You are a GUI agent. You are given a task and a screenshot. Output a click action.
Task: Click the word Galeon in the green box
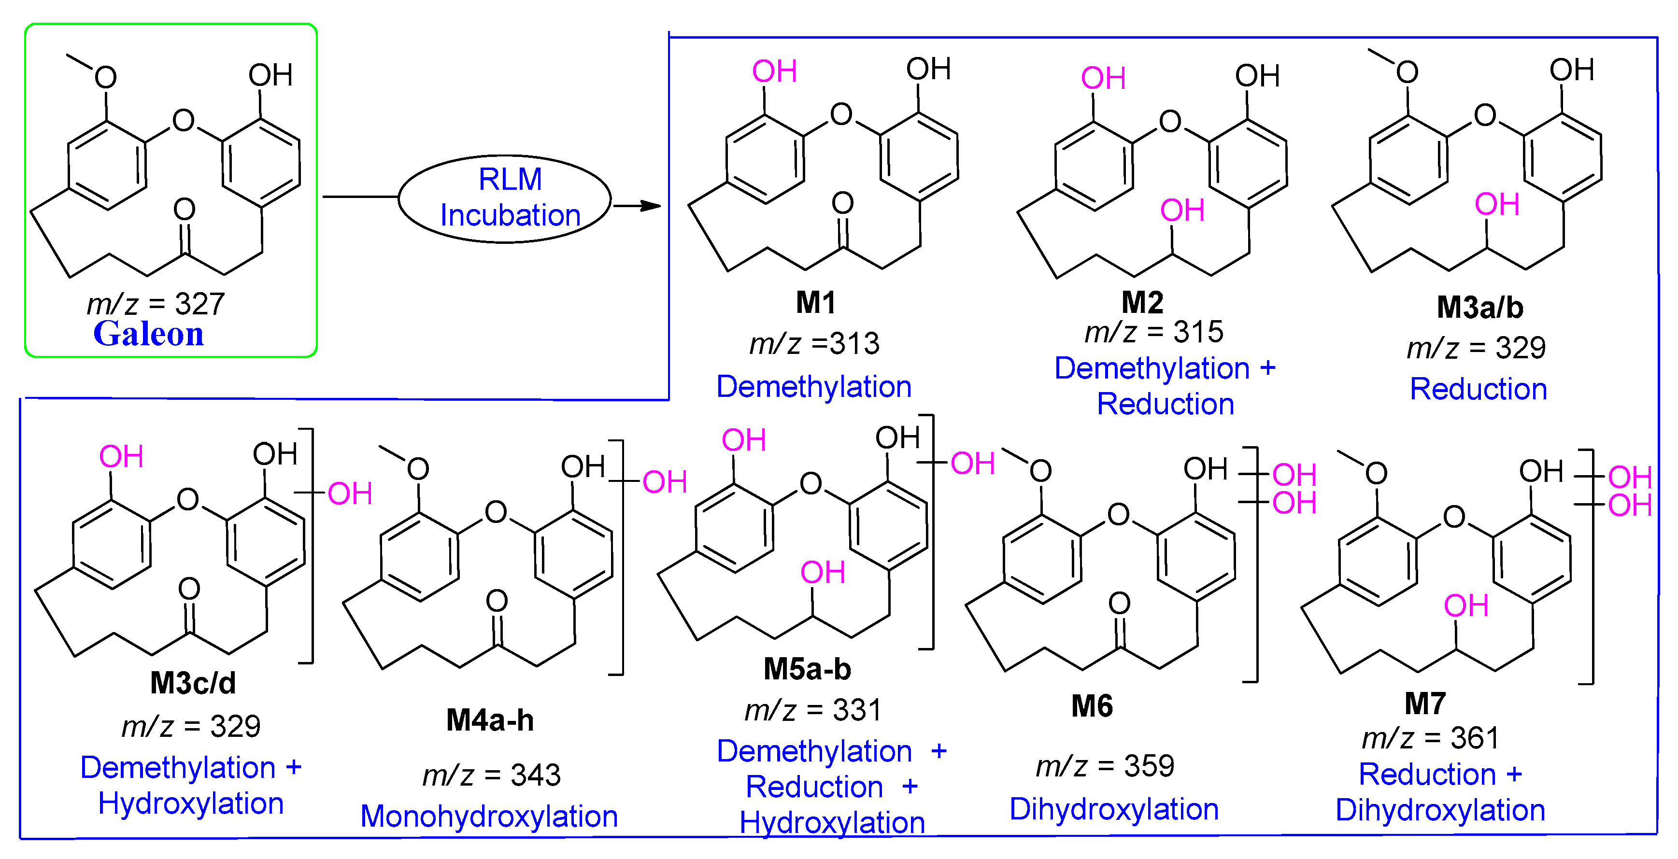[x=148, y=334]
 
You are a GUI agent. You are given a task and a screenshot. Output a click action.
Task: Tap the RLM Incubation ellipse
[x=505, y=198]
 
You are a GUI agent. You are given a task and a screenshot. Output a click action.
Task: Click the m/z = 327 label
[x=156, y=304]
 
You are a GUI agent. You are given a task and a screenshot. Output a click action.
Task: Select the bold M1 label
[x=815, y=302]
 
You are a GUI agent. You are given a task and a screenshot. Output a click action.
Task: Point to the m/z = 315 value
[x=1153, y=332]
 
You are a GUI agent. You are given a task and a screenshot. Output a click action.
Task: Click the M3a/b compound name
[x=1479, y=308]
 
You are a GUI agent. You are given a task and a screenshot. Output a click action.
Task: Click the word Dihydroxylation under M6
[x=1114, y=809]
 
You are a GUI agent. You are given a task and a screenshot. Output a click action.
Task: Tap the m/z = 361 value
[x=1431, y=738]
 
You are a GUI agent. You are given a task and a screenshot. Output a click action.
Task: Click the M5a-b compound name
[x=807, y=669]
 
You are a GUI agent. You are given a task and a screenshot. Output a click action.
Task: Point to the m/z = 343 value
[x=491, y=775]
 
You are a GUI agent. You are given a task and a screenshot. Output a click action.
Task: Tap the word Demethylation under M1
[x=813, y=387]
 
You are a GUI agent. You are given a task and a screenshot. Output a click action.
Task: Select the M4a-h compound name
[x=490, y=720]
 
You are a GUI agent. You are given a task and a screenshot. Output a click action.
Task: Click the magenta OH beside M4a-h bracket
[x=665, y=482]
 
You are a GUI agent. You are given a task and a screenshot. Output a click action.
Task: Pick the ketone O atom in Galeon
[x=185, y=209]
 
